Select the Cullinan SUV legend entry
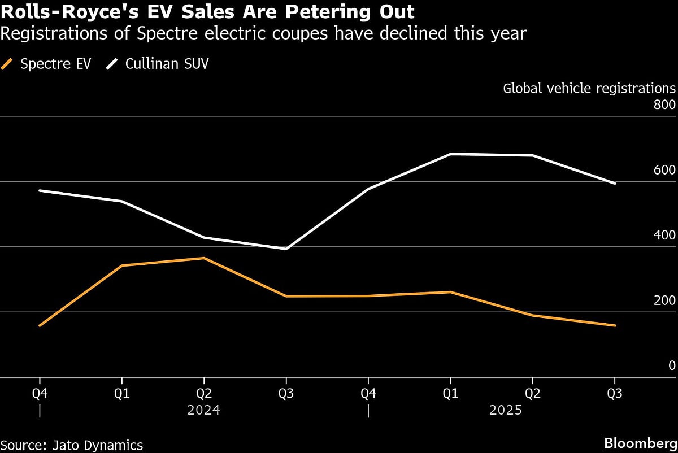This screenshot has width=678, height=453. pyautogui.click(x=158, y=64)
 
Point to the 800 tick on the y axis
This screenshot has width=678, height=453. pyautogui.click(x=664, y=105)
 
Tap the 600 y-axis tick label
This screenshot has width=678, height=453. pyautogui.click(x=664, y=171)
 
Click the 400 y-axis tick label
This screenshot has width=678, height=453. pyautogui.click(x=664, y=236)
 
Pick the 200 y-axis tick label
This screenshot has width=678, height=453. pyautogui.click(x=664, y=300)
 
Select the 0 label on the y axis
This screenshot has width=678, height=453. pyautogui.click(x=672, y=365)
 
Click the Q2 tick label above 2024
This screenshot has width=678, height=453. pyautogui.click(x=203, y=394)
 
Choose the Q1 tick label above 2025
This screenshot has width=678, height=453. pyautogui.click(x=450, y=394)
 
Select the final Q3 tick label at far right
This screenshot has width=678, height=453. pyautogui.click(x=615, y=394)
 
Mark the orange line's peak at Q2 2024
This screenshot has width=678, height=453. pyautogui.click(x=203, y=258)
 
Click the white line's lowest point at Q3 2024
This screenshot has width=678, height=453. pyautogui.click(x=286, y=249)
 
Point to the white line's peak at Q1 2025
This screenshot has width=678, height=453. pyautogui.click(x=450, y=154)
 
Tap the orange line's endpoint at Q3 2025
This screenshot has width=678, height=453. pyautogui.click(x=615, y=325)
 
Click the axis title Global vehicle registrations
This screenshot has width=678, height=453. pyautogui.click(x=589, y=89)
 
